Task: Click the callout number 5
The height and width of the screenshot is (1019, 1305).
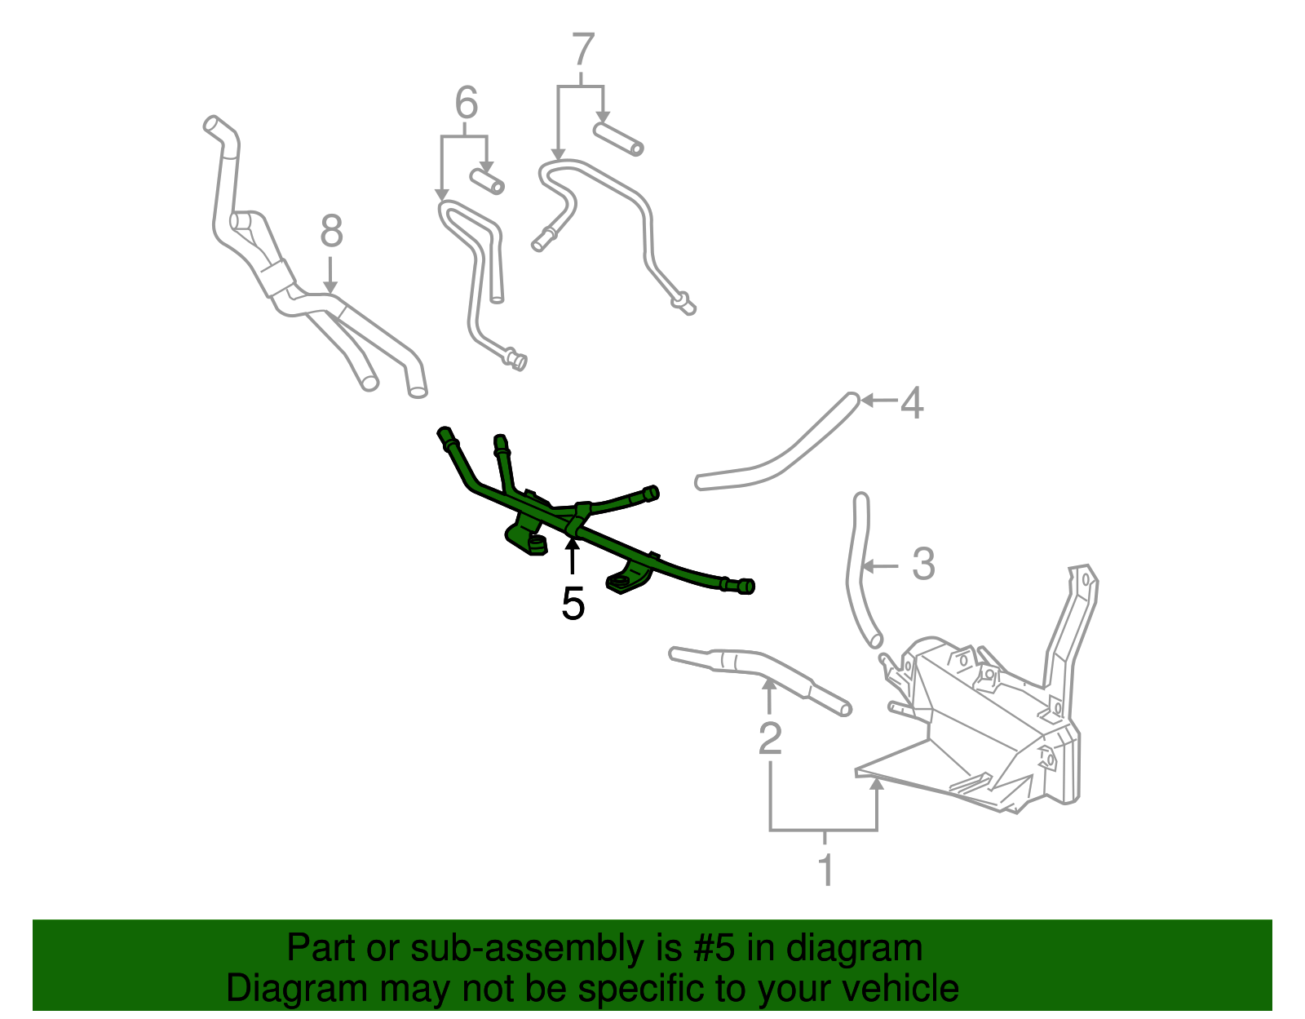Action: tap(573, 605)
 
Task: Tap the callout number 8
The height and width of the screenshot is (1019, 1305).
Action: tap(331, 232)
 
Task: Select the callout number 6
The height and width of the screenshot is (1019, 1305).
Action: tap(466, 104)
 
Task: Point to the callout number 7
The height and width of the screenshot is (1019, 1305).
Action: tap(582, 50)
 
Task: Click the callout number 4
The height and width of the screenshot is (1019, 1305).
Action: tap(913, 403)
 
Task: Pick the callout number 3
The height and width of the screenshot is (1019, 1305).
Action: tap(922, 564)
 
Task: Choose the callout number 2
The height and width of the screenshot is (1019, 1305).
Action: tap(770, 738)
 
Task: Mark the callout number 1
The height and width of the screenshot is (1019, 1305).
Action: tap(825, 870)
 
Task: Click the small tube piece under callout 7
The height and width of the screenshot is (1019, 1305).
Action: tap(618, 138)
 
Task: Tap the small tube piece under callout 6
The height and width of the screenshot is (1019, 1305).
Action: tap(487, 181)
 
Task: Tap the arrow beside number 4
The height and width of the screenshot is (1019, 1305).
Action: tap(877, 400)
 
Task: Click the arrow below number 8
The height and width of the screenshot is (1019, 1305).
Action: tap(330, 273)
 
